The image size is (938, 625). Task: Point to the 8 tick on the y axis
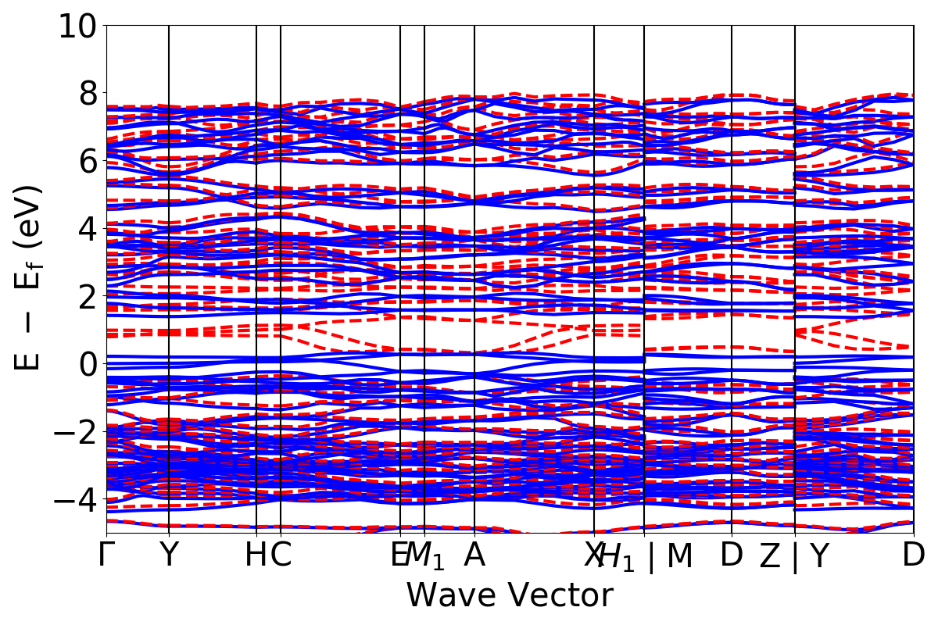pyautogui.click(x=84, y=94)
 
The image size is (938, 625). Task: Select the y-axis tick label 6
pyautogui.click(x=84, y=162)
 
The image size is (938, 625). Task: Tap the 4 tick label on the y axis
pyautogui.click(x=84, y=229)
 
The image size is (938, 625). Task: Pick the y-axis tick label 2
pyautogui.click(x=84, y=297)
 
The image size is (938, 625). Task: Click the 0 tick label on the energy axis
pyautogui.click(x=84, y=364)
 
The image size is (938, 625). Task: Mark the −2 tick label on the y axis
pyautogui.click(x=74, y=432)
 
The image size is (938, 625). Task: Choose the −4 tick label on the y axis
pyautogui.click(x=74, y=499)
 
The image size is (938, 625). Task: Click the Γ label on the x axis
pyautogui.click(x=106, y=556)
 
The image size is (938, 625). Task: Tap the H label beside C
pyautogui.click(x=256, y=556)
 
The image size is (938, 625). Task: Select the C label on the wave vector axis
pyautogui.click(x=281, y=556)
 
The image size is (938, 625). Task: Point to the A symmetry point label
pyautogui.click(x=474, y=556)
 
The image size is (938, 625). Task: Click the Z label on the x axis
pyautogui.click(x=771, y=556)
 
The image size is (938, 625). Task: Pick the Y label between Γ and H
pyautogui.click(x=169, y=556)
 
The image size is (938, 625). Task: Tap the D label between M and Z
pyautogui.click(x=732, y=556)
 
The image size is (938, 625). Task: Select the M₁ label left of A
pyautogui.click(x=426, y=556)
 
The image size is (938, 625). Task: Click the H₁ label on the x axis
pyautogui.click(x=617, y=556)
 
